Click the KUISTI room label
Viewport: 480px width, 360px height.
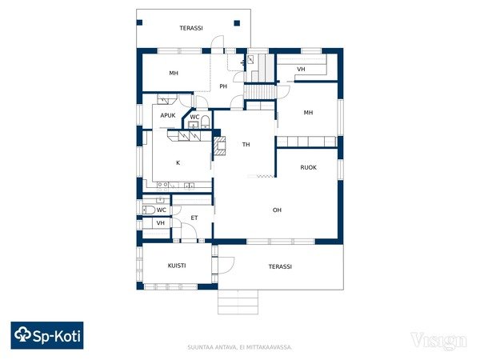(177, 266)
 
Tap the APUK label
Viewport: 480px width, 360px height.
(168, 115)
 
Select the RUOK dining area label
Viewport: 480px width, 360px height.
(308, 167)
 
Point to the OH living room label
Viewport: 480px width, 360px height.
(277, 210)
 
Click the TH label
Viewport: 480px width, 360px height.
(246, 145)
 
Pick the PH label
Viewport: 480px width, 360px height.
(223, 86)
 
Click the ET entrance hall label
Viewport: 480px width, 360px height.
(194, 218)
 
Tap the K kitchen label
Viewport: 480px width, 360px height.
(178, 163)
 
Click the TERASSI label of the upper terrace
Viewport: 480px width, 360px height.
(191, 28)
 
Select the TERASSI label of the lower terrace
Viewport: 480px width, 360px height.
(280, 266)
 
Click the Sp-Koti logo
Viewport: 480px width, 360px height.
(47, 335)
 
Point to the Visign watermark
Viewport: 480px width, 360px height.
(438, 341)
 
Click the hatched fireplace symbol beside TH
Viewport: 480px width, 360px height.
(220, 146)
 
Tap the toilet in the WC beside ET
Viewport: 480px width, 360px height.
(149, 210)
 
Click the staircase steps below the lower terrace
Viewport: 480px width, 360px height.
(238, 302)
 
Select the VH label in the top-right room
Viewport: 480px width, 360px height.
(301, 69)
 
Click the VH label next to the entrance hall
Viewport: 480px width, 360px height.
(161, 223)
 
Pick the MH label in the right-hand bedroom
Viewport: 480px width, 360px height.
(308, 113)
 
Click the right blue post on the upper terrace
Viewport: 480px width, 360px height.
(237, 23)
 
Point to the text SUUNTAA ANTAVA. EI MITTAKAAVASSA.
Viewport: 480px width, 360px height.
(240, 347)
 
